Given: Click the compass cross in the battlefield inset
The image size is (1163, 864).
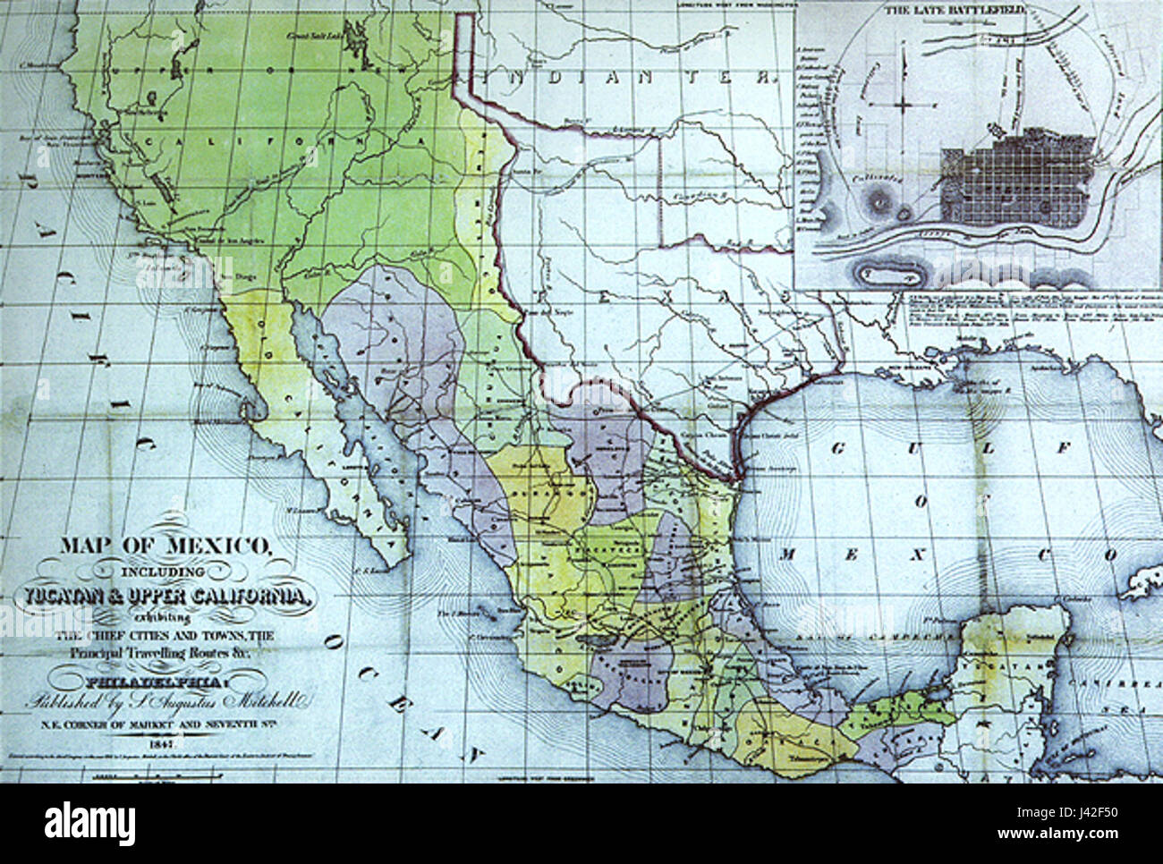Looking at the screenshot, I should pyautogui.click(x=903, y=105).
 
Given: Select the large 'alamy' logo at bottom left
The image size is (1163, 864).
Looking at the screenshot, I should pyautogui.click(x=89, y=820).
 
